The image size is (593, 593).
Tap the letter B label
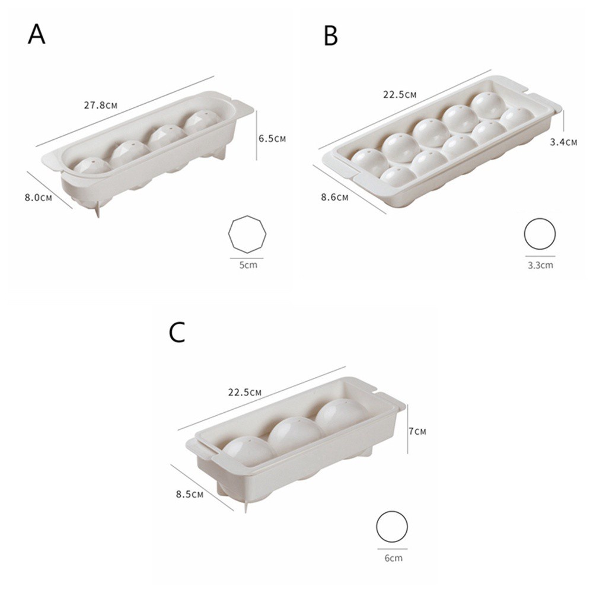[331, 36]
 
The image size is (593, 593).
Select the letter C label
[177, 333]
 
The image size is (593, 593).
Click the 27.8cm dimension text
[100, 105]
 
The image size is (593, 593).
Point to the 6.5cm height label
[272, 138]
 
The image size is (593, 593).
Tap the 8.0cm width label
[39, 197]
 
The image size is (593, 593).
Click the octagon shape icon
[247, 235]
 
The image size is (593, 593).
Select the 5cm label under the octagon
[248, 264]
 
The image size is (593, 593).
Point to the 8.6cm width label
[334, 197]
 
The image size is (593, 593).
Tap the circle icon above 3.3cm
[540, 234]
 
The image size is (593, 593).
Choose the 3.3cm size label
[540, 264]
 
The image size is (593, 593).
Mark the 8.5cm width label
[190, 493]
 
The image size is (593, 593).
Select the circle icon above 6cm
[392, 527]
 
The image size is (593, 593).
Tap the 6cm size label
[392, 557]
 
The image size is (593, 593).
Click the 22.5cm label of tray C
[245, 392]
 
